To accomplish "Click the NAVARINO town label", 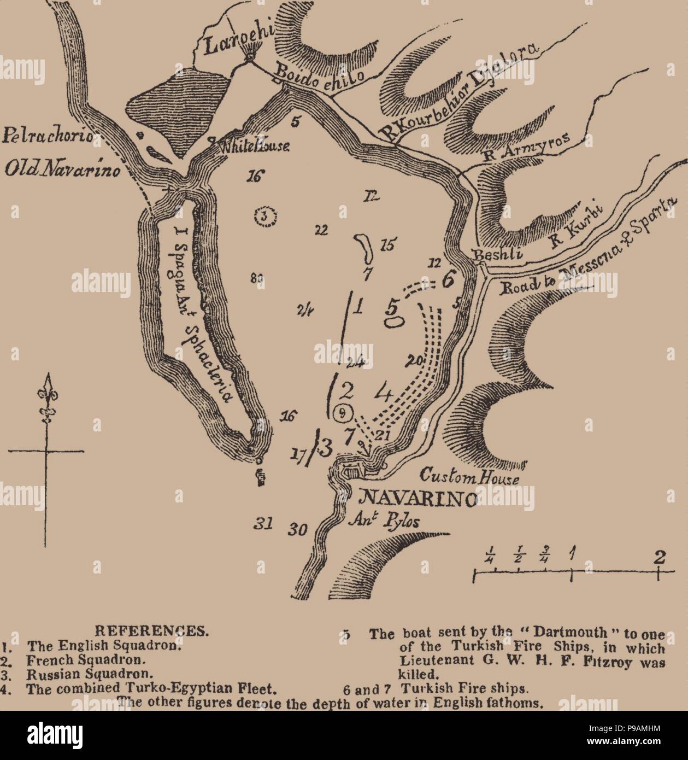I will (416, 499).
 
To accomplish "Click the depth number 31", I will (263, 524).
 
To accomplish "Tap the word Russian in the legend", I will (51, 674).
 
